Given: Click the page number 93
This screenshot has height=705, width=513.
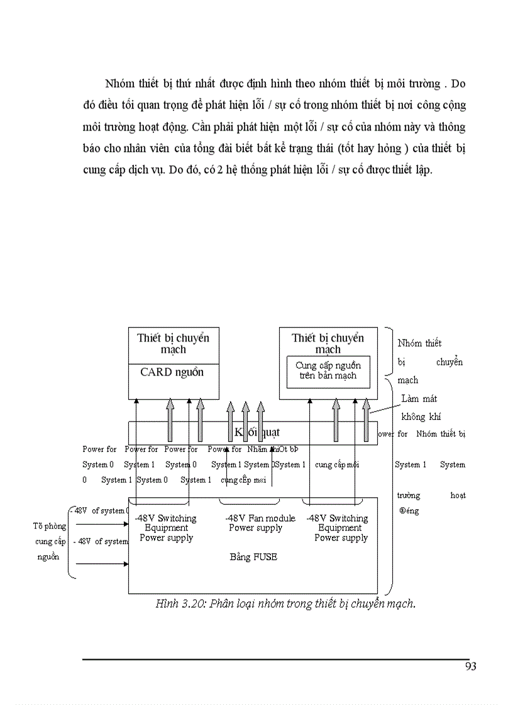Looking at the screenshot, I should (470, 666).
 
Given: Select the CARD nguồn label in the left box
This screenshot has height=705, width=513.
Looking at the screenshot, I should (172, 372).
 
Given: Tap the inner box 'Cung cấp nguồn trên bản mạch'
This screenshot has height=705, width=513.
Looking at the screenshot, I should (328, 370).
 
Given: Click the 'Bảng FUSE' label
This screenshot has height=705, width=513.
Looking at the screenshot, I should (253, 557).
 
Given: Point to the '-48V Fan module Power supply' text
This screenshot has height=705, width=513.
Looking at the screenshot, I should (260, 523).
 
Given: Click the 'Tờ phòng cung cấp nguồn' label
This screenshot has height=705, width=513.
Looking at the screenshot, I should (50, 541).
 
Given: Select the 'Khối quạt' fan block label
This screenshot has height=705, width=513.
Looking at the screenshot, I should (256, 432).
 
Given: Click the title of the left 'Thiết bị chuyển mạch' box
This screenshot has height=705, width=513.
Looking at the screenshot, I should (173, 343).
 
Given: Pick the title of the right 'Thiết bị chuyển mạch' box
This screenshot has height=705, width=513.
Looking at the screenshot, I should (328, 343).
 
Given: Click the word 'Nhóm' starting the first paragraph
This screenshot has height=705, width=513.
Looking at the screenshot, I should (118, 84).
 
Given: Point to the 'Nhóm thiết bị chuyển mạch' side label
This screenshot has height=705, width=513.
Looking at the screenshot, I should (429, 362).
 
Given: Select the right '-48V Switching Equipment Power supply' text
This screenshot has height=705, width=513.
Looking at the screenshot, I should (340, 528).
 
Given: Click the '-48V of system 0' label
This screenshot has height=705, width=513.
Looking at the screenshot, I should (99, 511).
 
